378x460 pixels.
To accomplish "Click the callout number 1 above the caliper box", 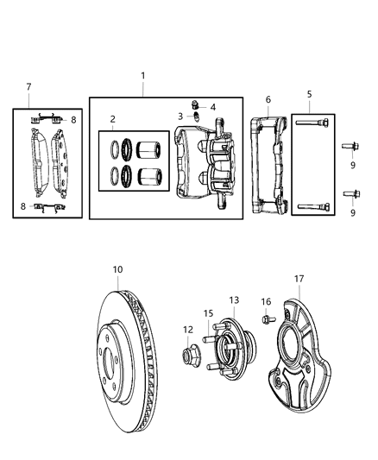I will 143,76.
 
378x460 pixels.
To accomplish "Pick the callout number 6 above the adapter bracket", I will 268,99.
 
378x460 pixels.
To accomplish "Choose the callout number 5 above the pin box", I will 311,94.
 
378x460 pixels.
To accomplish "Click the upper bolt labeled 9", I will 354,146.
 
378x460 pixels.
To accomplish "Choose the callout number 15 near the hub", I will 208,313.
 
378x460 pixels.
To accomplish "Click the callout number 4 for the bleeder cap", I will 212,107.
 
